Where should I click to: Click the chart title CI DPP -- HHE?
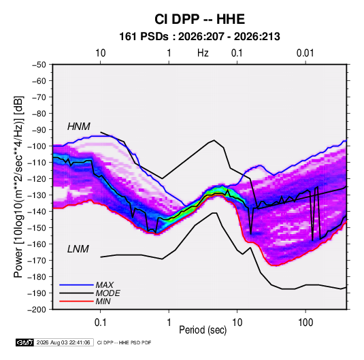[x=199, y=19]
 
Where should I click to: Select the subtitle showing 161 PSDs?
[x=199, y=37]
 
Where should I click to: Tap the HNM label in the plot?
[x=79, y=127]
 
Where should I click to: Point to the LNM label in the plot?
[x=78, y=249]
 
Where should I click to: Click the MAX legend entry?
[x=105, y=285]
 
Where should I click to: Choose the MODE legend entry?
[x=108, y=293]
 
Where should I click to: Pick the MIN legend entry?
[x=103, y=301]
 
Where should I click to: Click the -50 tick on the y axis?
[x=39, y=65]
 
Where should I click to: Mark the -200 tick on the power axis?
[x=37, y=310]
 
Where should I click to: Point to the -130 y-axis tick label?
[x=37, y=195]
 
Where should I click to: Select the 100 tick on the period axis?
[x=305, y=323]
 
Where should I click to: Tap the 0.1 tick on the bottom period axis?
[x=100, y=323]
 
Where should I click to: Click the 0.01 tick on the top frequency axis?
[x=305, y=53]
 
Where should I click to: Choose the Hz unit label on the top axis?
[x=203, y=53]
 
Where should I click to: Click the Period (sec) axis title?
[x=203, y=330]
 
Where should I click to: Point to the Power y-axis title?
[x=18, y=187]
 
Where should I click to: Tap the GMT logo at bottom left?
[x=25, y=342]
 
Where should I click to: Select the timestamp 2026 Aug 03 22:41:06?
[x=63, y=342]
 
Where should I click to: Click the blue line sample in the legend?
[x=76, y=284]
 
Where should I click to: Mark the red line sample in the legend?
[x=76, y=301]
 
